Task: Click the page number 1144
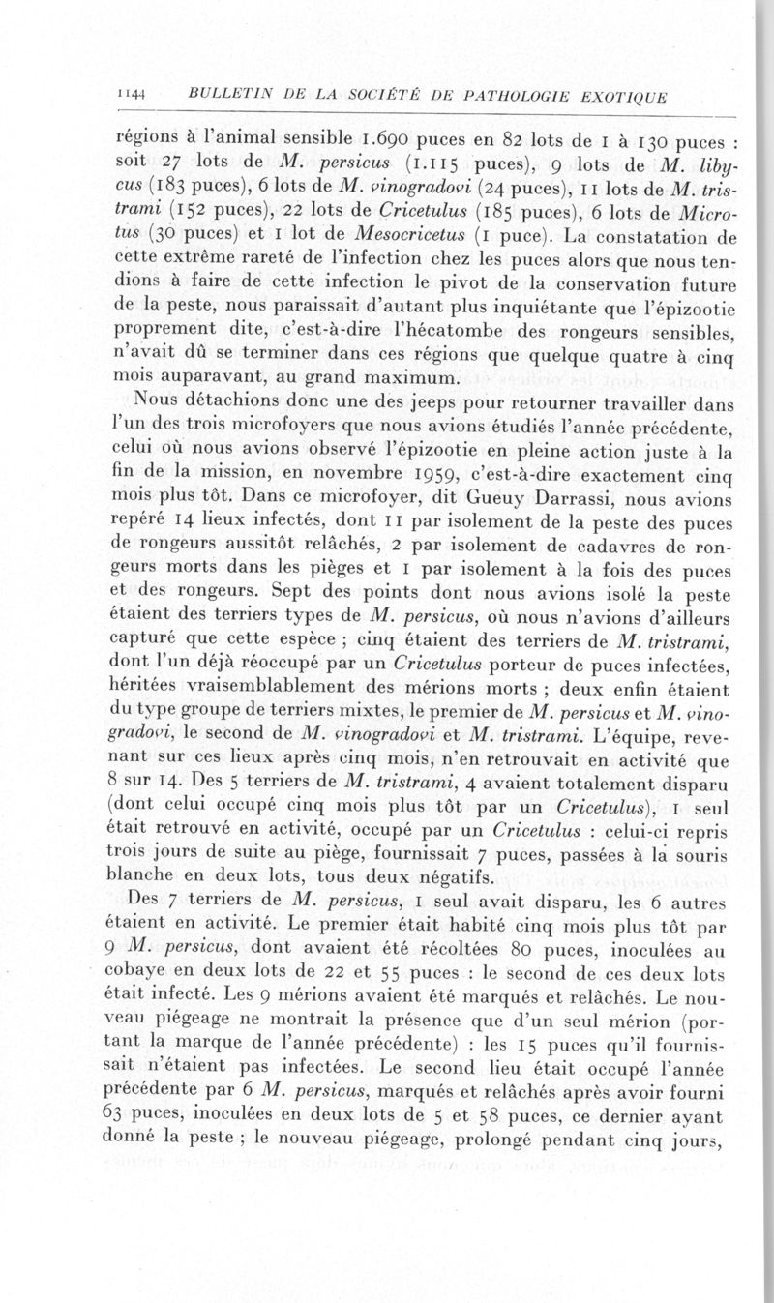(130, 94)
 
